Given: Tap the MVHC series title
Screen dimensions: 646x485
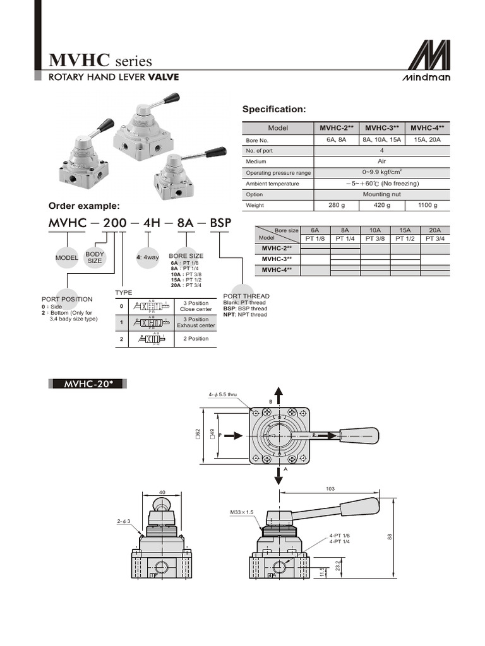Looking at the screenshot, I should click(x=101, y=61).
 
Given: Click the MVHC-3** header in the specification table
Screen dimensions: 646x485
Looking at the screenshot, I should click(x=383, y=128).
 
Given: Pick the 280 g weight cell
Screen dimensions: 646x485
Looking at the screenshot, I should click(x=337, y=205).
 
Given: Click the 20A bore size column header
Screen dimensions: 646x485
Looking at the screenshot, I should click(x=435, y=230).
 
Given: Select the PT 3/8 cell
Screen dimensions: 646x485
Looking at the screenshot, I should click(x=375, y=238).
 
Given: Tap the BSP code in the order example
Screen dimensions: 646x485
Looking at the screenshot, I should click(x=220, y=224).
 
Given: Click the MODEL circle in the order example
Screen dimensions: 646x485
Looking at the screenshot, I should click(x=66, y=257).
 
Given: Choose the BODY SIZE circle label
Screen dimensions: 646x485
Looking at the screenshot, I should click(x=95, y=257).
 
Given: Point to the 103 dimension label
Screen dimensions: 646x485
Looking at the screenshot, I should click(x=330, y=489).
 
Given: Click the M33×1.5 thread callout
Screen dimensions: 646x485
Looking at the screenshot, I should click(x=242, y=512).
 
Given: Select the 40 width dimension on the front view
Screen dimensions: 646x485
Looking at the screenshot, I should click(x=162, y=492).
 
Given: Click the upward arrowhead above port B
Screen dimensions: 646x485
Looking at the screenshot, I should click(x=277, y=390).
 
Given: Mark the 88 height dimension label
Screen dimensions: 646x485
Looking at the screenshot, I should click(x=390, y=537).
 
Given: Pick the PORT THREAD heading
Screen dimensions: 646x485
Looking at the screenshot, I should click(x=246, y=296).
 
